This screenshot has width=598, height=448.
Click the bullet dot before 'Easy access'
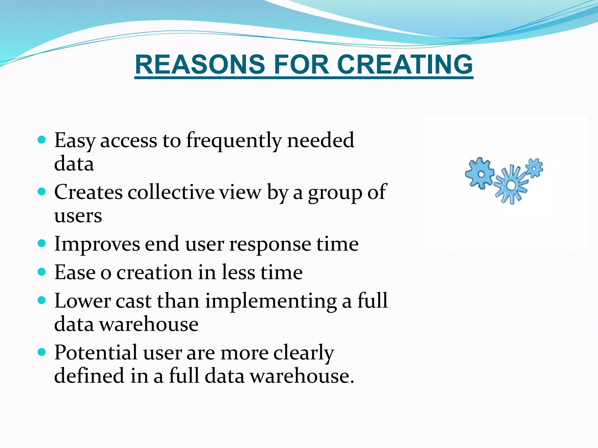[x=42, y=140]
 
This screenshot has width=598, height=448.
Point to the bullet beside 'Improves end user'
[x=42, y=243]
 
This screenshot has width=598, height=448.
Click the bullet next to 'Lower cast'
[x=42, y=300]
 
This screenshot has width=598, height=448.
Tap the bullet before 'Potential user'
[x=42, y=352]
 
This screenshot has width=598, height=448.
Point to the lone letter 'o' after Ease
[x=106, y=273]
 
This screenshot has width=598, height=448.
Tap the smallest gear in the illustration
[x=534, y=168]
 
